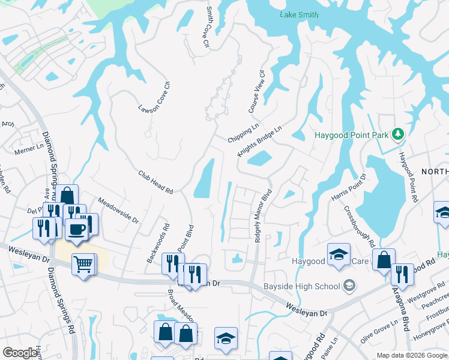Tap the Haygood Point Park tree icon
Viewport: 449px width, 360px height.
[x=397, y=134]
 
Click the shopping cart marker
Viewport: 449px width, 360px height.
[x=83, y=264]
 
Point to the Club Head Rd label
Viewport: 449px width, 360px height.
[x=155, y=182]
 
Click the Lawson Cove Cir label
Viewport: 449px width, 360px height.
[x=155, y=98]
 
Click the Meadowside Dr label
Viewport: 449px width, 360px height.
[x=118, y=211]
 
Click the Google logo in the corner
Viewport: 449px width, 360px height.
[x=20, y=353]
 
